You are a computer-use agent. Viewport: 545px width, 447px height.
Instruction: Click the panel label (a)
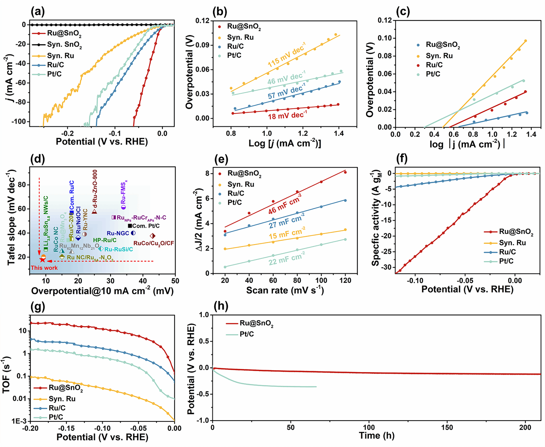(x=38, y=12)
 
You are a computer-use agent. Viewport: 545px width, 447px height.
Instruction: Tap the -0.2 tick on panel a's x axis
(x=67, y=133)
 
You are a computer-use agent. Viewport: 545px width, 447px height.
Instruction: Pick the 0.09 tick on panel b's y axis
(x=203, y=45)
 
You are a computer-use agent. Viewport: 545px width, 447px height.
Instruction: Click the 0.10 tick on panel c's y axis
(x=385, y=38)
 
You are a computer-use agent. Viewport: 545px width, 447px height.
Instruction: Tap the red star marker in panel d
(x=42, y=260)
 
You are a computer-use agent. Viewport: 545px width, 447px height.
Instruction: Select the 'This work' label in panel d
(x=44, y=268)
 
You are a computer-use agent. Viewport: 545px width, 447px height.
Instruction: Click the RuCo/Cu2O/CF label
(x=153, y=244)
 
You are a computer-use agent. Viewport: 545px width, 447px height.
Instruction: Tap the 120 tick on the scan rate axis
(x=345, y=280)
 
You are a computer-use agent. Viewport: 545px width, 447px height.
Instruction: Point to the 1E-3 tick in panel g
(x=19, y=421)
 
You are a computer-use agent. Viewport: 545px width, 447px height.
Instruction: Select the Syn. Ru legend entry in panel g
(x=62, y=399)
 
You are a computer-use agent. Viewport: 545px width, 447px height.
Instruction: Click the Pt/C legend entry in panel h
(x=247, y=334)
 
